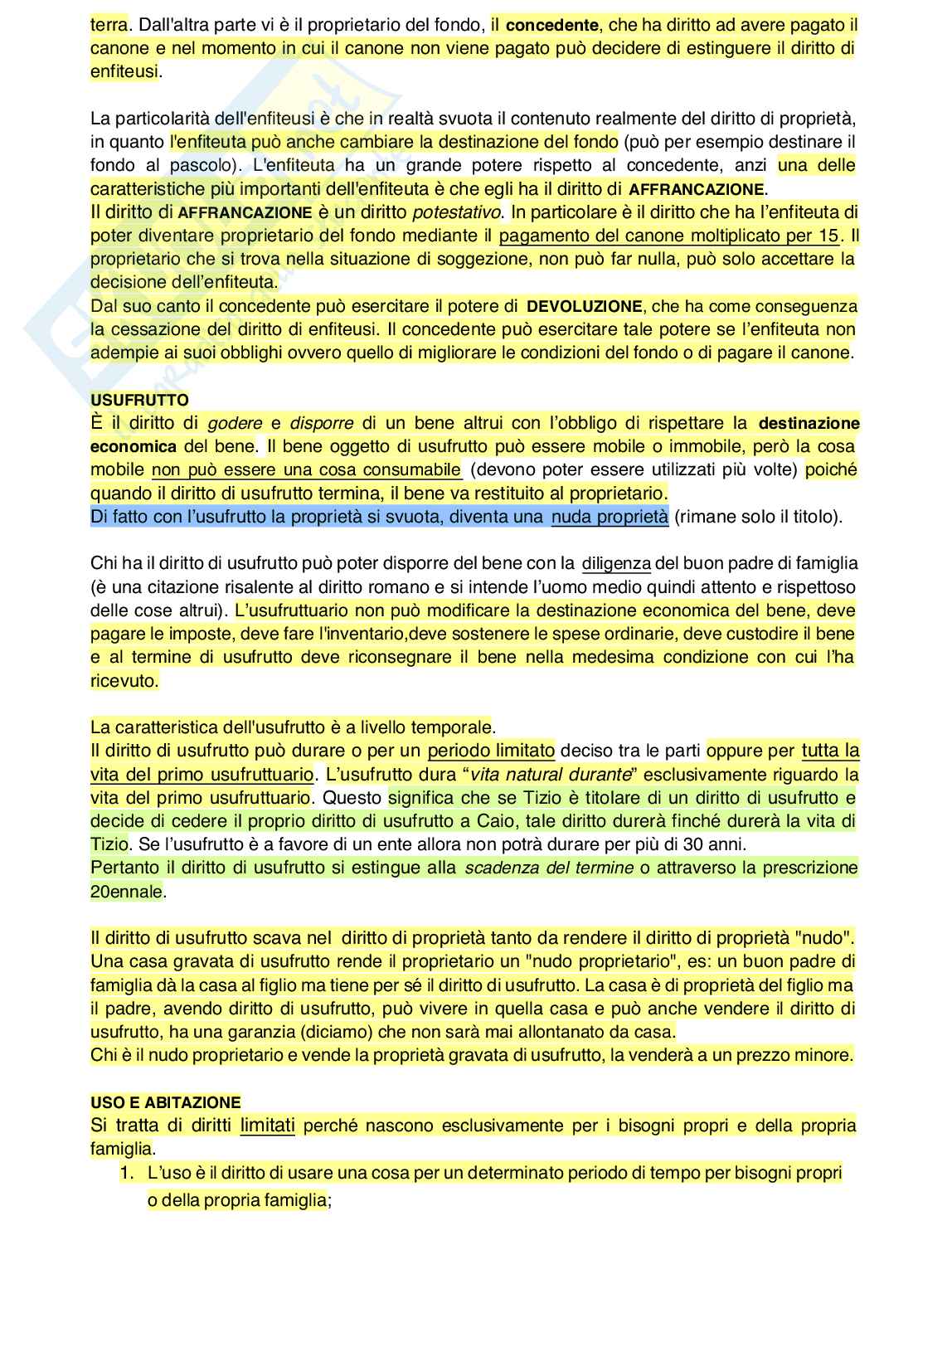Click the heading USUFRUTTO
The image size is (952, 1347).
pos(139,400)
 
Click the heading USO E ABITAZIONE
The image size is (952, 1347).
pos(166,1102)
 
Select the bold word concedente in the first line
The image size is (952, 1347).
pos(552,26)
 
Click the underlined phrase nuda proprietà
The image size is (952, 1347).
pos(610,517)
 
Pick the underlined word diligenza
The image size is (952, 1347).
pos(616,563)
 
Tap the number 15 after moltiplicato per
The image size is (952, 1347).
pos(828,236)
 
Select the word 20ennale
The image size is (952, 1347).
pos(127,892)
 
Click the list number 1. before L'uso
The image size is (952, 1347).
pos(127,1173)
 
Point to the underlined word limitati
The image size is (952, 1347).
pos(268,1126)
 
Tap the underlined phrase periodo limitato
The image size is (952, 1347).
pos(491,751)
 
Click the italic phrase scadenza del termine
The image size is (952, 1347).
pos(548,868)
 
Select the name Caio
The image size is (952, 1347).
pos(497,821)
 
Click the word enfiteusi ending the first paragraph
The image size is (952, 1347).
pos(124,72)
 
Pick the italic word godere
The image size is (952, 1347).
pos(235,423)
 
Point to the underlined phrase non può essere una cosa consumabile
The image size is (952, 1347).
pos(307,469)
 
